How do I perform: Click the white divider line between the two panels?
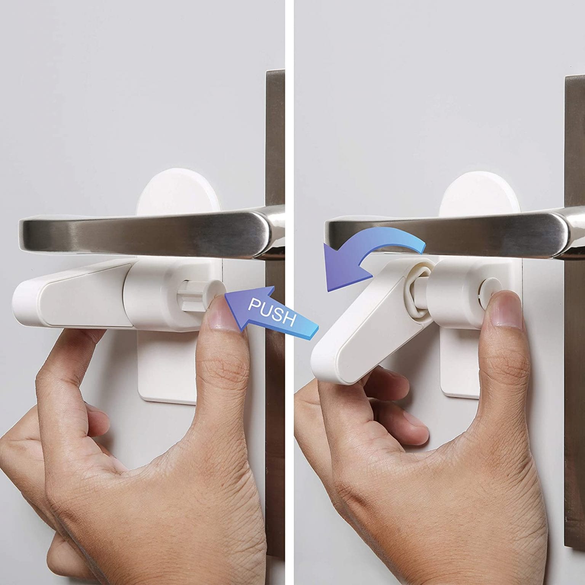(289, 292)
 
